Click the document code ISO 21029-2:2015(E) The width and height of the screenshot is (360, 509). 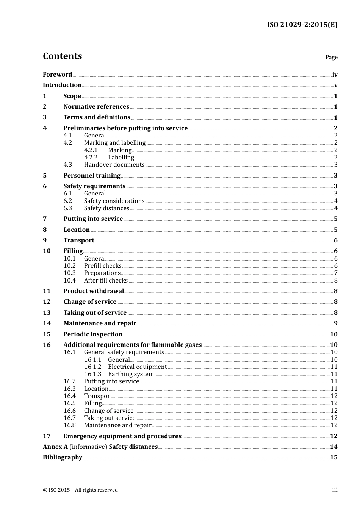(x=302, y=25)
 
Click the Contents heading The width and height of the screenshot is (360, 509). (x=62, y=56)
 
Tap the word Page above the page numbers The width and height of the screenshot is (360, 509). (x=331, y=57)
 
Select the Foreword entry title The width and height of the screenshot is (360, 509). (x=57, y=74)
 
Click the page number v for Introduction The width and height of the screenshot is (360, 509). (x=335, y=85)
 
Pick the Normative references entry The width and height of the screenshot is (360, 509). (x=96, y=107)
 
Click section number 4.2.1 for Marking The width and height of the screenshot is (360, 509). (x=91, y=150)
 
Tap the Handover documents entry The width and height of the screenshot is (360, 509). (x=114, y=165)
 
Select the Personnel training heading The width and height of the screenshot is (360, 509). (x=92, y=175)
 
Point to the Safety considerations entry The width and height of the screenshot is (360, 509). (x=114, y=201)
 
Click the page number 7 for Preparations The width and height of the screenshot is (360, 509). (x=335, y=273)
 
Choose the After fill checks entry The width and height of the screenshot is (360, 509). (x=106, y=281)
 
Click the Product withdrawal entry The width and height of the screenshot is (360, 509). (x=94, y=291)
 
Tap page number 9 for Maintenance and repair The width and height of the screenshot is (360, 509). (x=335, y=323)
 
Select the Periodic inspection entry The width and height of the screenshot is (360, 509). (x=93, y=334)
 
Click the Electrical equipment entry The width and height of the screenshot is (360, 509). (x=137, y=367)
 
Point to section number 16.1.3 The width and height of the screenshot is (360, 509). (x=92, y=374)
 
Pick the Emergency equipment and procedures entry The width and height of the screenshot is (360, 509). (x=122, y=436)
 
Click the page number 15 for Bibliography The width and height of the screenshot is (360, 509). (x=333, y=457)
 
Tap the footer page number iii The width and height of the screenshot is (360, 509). (x=335, y=490)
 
